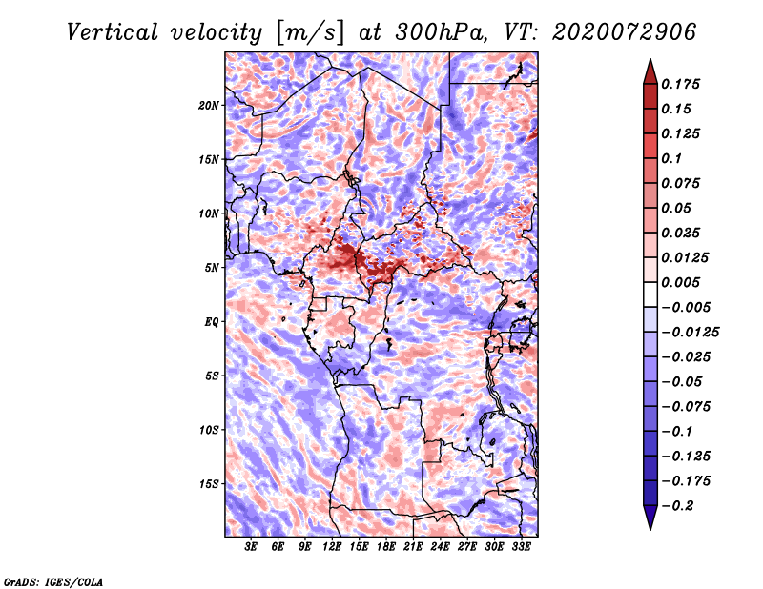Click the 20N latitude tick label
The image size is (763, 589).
click(x=209, y=106)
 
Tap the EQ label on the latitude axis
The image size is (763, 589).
click(x=212, y=322)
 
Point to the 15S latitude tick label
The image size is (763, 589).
click(x=209, y=484)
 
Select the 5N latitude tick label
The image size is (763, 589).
click(x=212, y=268)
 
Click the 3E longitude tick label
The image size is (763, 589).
click(x=251, y=547)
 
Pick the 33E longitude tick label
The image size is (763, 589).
click(x=521, y=547)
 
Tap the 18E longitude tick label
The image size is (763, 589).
click(x=386, y=547)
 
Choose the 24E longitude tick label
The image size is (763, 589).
click(x=440, y=547)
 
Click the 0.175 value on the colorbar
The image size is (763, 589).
click(x=680, y=84)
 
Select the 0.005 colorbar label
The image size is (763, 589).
click(x=680, y=282)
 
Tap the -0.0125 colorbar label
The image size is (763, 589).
click(x=690, y=333)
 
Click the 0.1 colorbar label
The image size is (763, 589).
click(x=671, y=158)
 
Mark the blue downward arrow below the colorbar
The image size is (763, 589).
click(x=650, y=518)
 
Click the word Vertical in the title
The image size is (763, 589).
click(x=113, y=32)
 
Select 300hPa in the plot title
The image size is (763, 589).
click(x=441, y=32)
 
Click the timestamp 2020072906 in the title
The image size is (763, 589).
click(x=624, y=32)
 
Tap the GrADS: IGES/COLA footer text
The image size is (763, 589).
click(x=53, y=582)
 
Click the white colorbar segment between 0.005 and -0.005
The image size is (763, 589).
click(x=650, y=294)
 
